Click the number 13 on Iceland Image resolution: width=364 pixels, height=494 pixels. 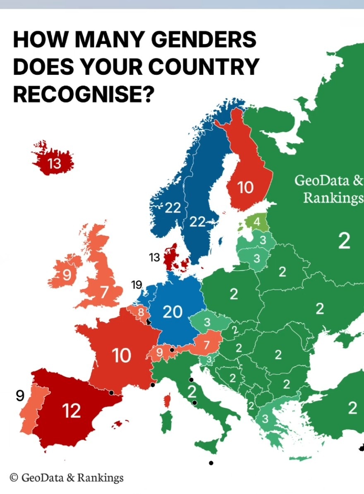click(x=54, y=164)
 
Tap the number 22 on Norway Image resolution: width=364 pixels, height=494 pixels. click(x=173, y=208)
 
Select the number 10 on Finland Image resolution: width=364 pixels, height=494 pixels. click(x=245, y=188)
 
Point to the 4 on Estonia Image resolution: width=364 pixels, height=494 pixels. click(x=257, y=222)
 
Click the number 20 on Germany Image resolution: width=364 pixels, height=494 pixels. click(x=172, y=312)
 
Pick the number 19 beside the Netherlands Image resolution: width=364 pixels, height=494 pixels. click(x=136, y=285)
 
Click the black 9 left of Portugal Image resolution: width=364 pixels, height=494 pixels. click(x=20, y=396)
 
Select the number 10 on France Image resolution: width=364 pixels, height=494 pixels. click(x=122, y=355)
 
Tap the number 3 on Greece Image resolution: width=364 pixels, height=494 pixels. click(x=265, y=419)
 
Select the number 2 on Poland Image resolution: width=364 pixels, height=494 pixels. click(x=234, y=295)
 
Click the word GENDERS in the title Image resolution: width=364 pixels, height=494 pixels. click(x=204, y=40)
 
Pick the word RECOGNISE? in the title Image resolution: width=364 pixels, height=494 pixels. click(x=83, y=94)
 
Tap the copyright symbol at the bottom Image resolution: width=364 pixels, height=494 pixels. click(x=14, y=477)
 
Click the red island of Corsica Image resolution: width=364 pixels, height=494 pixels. click(x=168, y=400)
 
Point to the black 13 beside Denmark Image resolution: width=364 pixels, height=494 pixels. click(x=154, y=258)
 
